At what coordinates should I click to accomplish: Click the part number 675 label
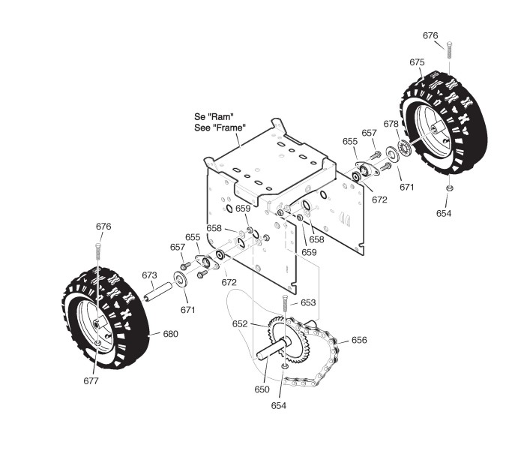[x=418, y=62]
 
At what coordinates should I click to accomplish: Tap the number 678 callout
[x=391, y=124]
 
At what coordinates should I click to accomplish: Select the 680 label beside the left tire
[x=171, y=334]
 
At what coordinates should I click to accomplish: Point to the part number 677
[x=91, y=381]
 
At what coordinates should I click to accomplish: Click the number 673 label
[x=149, y=275]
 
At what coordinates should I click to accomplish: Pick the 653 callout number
[x=309, y=302]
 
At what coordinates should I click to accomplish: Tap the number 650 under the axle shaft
[x=262, y=389]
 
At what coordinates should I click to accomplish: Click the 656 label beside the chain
[x=359, y=340]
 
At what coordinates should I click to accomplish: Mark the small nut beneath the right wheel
[x=448, y=188]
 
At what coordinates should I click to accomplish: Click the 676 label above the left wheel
[x=103, y=227]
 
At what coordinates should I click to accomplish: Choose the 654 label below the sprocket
[x=278, y=405]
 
